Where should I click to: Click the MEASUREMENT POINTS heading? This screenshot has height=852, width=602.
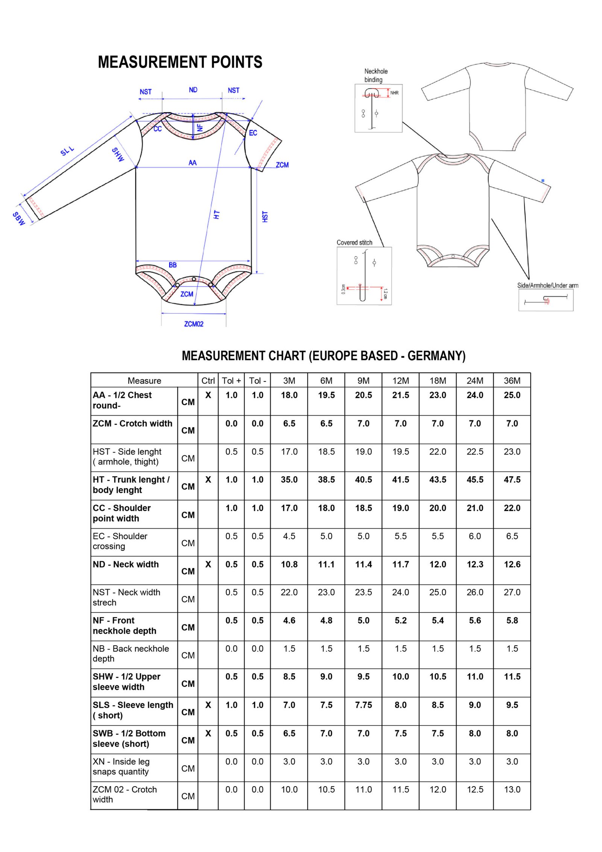point(180,62)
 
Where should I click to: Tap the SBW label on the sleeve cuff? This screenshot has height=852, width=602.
point(18,218)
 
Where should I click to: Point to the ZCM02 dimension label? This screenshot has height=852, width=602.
point(193,324)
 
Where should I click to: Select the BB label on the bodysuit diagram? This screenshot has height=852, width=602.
point(172,265)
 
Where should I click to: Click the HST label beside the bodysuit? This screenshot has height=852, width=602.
point(265,216)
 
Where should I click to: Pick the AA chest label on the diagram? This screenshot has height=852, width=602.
point(192,163)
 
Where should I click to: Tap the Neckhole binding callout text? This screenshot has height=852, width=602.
point(375,75)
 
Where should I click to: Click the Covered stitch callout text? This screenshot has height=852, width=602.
point(354,242)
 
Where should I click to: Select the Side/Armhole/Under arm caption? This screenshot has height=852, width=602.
point(547,285)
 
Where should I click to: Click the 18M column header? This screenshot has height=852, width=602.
point(438,381)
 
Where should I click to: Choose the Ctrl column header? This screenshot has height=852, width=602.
point(208,381)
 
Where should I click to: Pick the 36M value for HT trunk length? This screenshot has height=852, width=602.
point(512,480)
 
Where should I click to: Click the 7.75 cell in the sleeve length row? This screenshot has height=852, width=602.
point(363,705)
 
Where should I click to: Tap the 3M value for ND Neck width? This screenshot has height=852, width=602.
point(289,564)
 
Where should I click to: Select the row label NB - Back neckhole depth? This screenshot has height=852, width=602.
point(131,654)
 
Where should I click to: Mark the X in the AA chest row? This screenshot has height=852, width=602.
point(208,395)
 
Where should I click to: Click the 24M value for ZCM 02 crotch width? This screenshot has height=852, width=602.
point(475,790)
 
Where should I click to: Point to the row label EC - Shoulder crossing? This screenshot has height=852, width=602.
point(120,541)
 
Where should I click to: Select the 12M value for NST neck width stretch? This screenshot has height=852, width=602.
point(400,592)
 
